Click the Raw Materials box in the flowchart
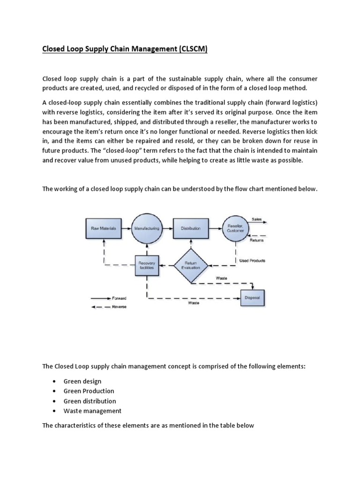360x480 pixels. tap(104, 228)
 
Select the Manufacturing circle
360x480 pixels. tap(147, 228)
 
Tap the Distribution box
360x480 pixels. tap(190, 228)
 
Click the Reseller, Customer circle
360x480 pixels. tap(236, 228)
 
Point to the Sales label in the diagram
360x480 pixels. tap(257, 219)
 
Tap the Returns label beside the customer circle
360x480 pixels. tap(256, 240)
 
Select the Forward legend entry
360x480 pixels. tap(119, 298)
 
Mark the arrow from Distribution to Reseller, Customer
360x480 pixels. tap(214, 228)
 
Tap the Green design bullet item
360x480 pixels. tap(82, 381)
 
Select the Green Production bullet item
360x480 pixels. tap(89, 391)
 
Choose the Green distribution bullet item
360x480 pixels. tap(90, 401)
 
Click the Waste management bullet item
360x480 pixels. tap(92, 411)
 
